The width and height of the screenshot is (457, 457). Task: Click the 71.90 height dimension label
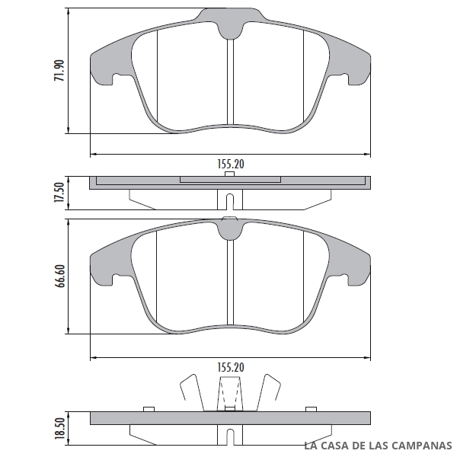59,70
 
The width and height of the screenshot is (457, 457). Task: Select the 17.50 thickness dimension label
59,193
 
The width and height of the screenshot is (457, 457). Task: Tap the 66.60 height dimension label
59,276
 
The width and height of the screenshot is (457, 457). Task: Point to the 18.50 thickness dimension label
59,428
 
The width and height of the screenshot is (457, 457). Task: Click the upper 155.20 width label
231,164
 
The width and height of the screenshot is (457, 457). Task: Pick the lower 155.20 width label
231,368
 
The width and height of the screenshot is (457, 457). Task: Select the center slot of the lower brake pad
230,282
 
